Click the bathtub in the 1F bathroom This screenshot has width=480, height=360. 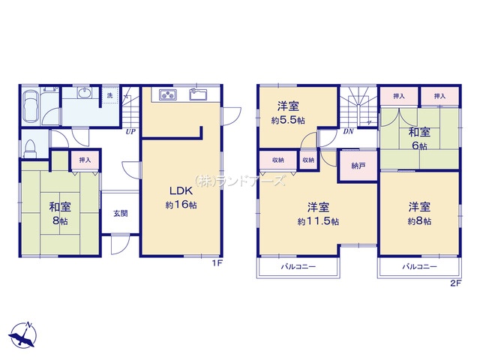(31, 106)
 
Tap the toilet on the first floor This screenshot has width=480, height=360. (30, 148)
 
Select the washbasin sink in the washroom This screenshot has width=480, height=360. (84, 93)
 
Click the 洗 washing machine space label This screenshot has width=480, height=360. (109, 95)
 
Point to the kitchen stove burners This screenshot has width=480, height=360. (168, 95)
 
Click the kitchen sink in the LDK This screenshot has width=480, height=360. (198, 94)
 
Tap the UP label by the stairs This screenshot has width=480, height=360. (130, 132)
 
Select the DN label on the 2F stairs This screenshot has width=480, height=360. (348, 132)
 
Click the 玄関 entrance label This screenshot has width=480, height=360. (121, 213)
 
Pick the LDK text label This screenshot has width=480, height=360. (181, 191)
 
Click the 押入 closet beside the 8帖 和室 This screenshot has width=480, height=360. (85, 160)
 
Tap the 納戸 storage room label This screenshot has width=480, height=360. (358, 166)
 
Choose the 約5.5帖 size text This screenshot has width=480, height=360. (288, 120)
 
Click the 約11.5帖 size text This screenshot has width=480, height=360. (318, 221)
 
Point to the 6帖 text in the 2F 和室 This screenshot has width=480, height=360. (419, 145)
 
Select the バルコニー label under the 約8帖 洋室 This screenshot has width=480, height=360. (419, 267)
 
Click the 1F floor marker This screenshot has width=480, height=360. (217, 263)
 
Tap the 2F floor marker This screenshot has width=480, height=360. (455, 283)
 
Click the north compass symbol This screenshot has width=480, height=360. (23, 335)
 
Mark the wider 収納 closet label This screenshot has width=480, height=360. (278, 160)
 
